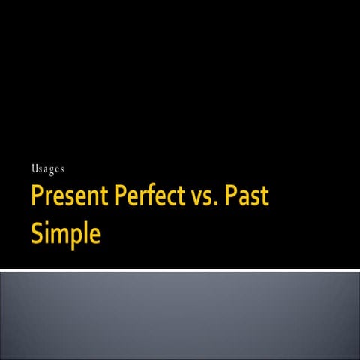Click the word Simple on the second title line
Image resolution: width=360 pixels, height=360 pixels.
click(65, 233)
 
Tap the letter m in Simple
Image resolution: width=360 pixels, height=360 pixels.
click(58, 234)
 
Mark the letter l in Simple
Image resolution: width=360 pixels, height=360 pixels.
click(82, 231)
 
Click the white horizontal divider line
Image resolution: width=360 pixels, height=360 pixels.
click(180, 270)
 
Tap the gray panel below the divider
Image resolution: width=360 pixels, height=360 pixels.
click(180, 315)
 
